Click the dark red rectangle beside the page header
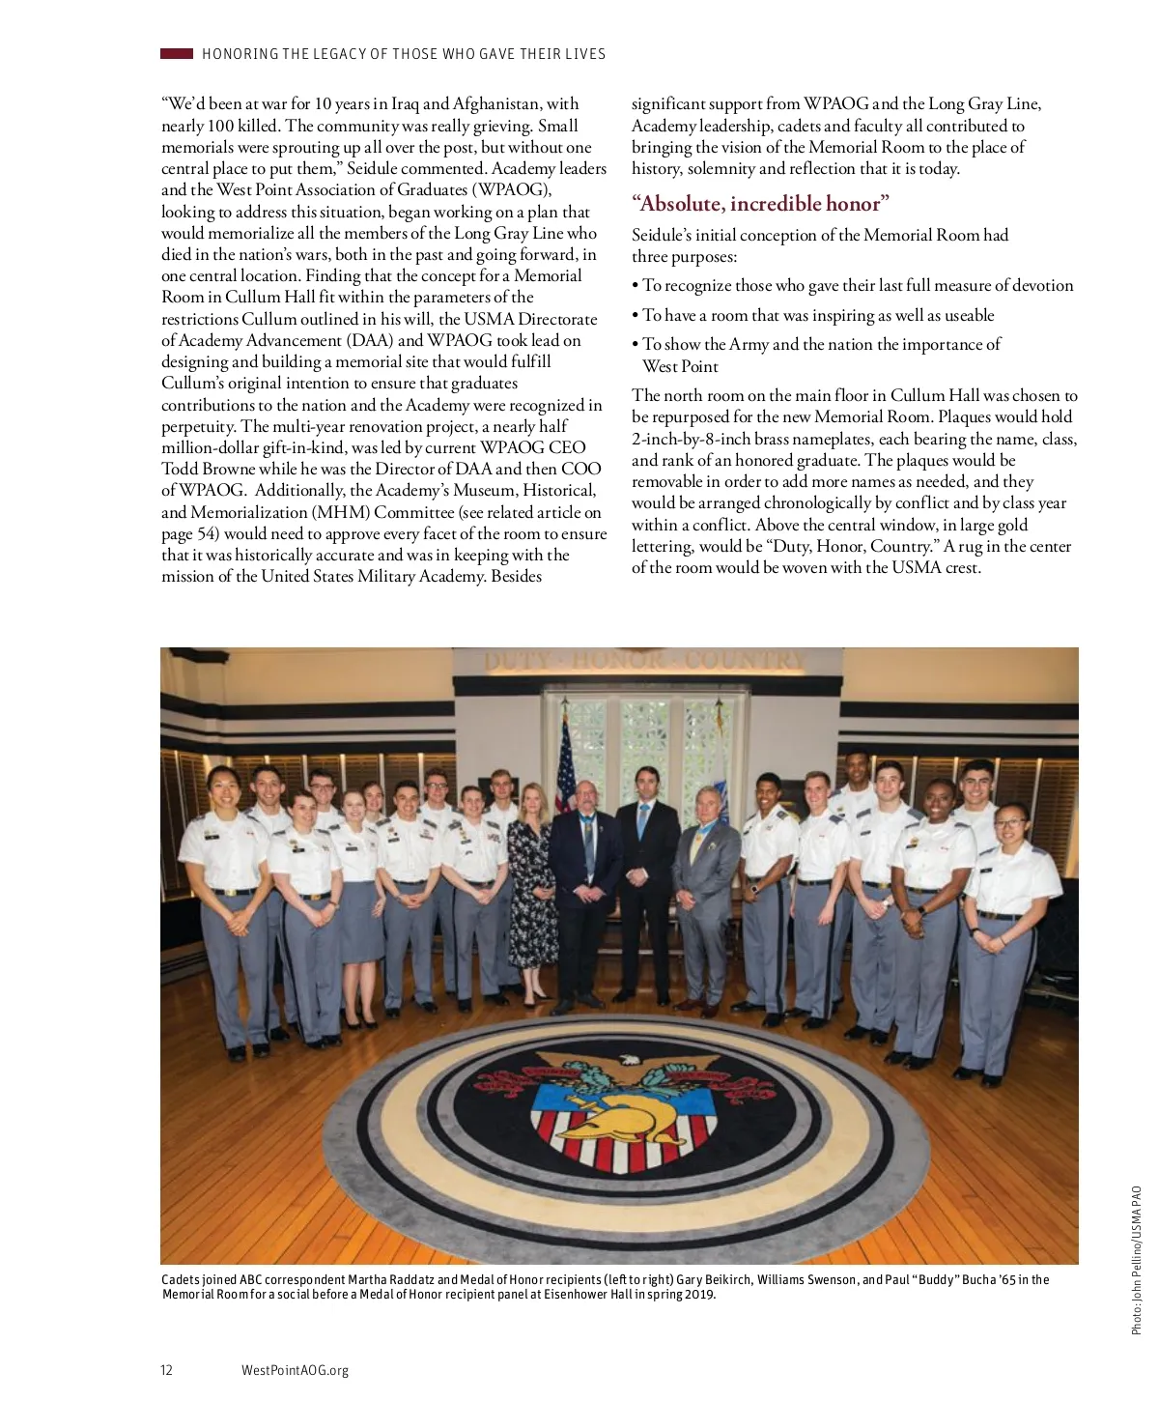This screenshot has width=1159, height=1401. click(x=177, y=54)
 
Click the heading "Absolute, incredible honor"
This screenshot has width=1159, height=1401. click(x=760, y=204)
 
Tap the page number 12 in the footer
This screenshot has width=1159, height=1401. click(x=167, y=1370)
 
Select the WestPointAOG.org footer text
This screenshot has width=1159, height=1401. click(x=295, y=1370)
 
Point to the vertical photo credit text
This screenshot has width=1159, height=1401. click(x=1137, y=1261)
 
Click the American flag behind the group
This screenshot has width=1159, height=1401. click(x=565, y=763)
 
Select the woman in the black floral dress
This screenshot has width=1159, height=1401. click(x=529, y=899)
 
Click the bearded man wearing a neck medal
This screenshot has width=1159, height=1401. click(x=586, y=889)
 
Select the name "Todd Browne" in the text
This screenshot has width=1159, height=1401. click(x=209, y=470)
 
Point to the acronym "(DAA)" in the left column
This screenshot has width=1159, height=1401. click(x=371, y=340)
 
